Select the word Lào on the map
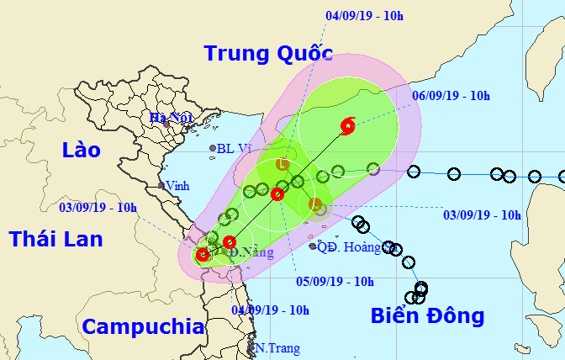81,151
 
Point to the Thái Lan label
55,239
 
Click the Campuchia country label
144,326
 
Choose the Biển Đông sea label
428,316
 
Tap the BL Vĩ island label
235,149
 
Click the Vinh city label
177,185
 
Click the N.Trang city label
277,348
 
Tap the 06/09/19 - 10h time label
451,96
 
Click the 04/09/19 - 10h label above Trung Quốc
366,14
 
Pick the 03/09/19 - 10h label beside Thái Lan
98,207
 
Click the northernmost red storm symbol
348,127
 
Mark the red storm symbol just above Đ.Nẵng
230,242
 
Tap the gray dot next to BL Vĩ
213,149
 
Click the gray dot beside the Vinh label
161,185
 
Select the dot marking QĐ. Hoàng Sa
313,246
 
